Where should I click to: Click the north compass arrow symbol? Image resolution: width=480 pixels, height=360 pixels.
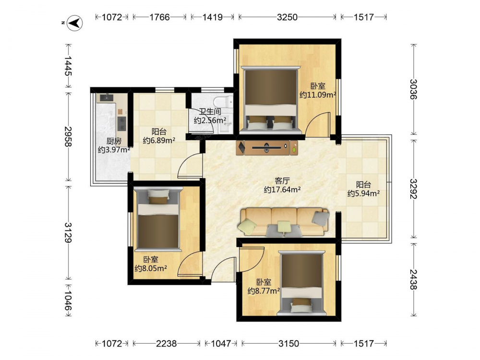coord(75,23)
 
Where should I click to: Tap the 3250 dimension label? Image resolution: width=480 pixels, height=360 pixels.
coord(287,17)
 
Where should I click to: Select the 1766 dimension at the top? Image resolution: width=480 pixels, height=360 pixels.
coord(159,17)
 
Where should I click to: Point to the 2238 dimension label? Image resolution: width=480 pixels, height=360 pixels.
coord(166,344)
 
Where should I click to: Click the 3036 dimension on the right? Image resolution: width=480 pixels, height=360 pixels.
coord(414,89)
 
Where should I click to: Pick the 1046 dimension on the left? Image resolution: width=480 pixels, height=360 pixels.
coord(68,300)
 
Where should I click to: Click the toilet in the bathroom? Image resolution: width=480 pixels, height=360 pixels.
coord(223,101)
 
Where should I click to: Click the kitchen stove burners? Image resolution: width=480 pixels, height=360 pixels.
coord(122,123)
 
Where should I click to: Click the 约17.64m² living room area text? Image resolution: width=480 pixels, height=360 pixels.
coord(282,190)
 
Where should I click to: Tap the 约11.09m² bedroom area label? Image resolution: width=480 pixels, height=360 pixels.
coord(318,95)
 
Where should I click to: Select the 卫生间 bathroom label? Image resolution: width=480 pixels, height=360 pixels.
coord(210,112)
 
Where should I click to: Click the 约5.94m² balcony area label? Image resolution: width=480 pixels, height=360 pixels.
coord(364,193)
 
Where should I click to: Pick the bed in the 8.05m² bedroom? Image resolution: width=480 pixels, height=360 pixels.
coord(158,219)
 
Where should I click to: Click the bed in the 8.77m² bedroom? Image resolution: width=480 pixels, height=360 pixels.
coord(301,283)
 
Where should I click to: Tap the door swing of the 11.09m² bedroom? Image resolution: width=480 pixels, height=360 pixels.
coord(318,124)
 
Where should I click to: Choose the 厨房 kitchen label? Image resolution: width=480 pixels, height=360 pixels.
coord(114,141)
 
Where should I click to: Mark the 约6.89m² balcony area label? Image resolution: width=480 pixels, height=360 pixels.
coord(159,141)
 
